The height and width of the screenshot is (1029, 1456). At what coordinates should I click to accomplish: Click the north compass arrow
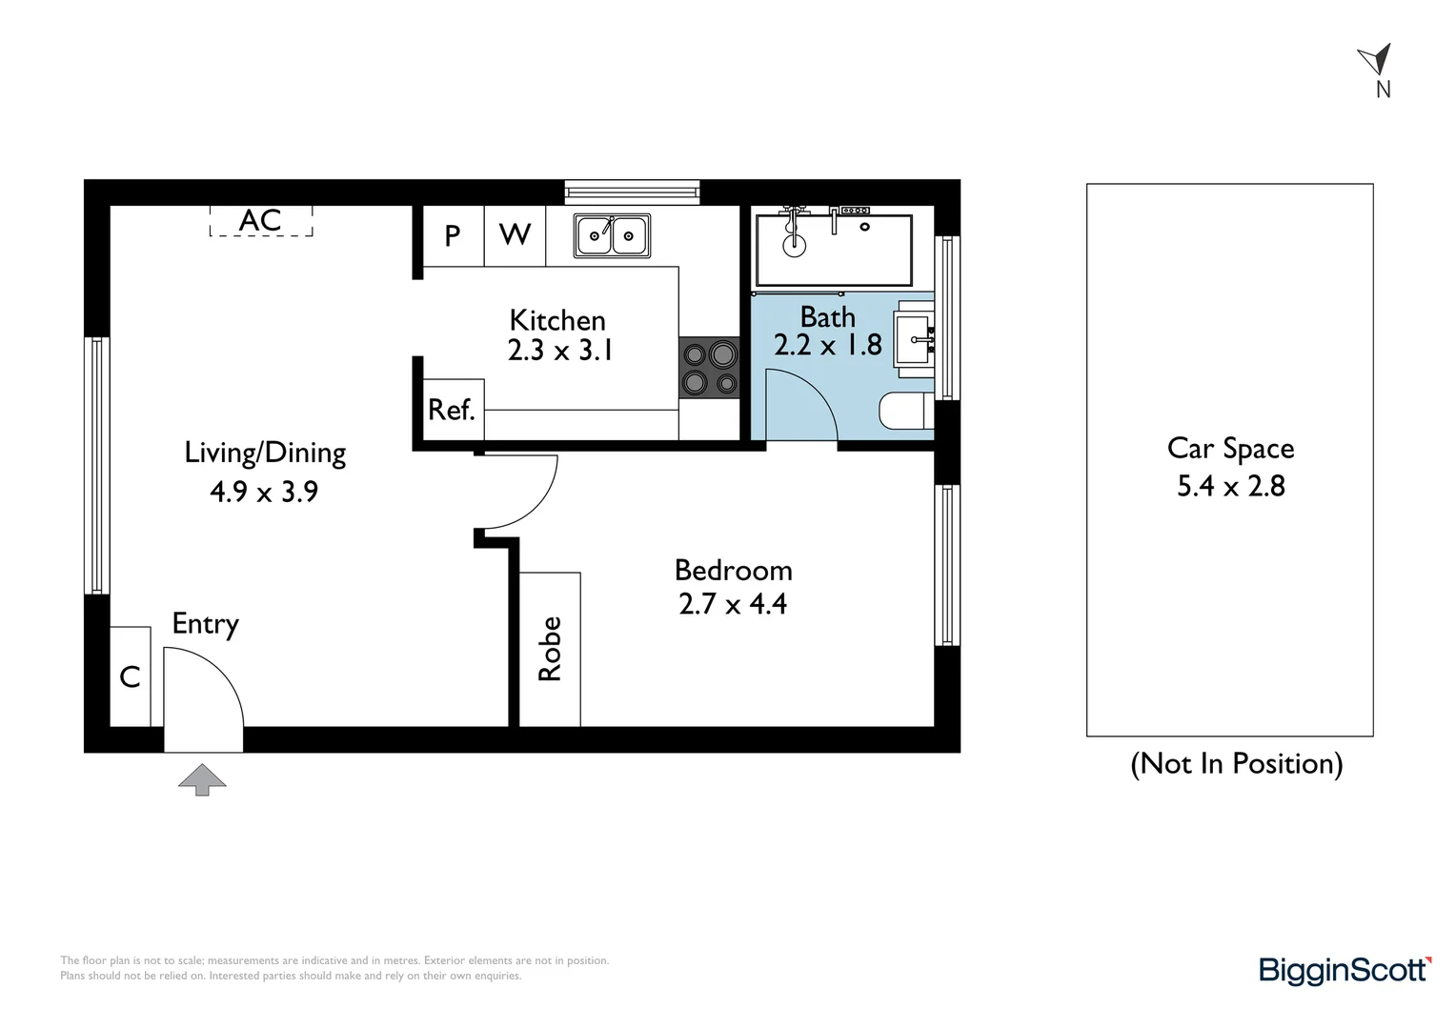pyautogui.click(x=1376, y=60)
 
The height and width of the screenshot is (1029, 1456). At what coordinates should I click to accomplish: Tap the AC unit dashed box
pyautogui.click(x=261, y=221)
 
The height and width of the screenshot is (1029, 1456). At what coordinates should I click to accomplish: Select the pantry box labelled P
pyautogui.click(x=453, y=235)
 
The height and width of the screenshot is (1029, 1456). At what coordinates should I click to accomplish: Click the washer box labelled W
pyautogui.click(x=515, y=235)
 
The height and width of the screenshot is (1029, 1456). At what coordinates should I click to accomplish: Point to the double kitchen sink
pyautogui.click(x=612, y=235)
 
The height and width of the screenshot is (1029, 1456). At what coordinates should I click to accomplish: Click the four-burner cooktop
pyautogui.click(x=709, y=369)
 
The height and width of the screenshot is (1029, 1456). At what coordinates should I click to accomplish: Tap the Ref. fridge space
pyautogui.click(x=452, y=410)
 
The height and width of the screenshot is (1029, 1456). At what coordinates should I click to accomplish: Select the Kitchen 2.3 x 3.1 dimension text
pyautogui.click(x=559, y=351)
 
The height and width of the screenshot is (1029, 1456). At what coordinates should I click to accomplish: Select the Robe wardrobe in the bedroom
pyautogui.click(x=550, y=649)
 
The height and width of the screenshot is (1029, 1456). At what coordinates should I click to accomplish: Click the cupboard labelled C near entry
pyautogui.click(x=131, y=676)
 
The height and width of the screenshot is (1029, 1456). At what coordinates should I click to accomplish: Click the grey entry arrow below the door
pyautogui.click(x=202, y=779)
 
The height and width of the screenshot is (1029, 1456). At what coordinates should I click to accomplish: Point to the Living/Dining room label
pyautogui.click(x=265, y=453)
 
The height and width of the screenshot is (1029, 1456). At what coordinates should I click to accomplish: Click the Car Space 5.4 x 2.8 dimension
pyautogui.click(x=1230, y=486)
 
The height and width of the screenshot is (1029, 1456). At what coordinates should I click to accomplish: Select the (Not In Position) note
pyautogui.click(x=1236, y=763)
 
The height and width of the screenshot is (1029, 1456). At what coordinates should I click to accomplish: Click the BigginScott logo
pyautogui.click(x=1345, y=970)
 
